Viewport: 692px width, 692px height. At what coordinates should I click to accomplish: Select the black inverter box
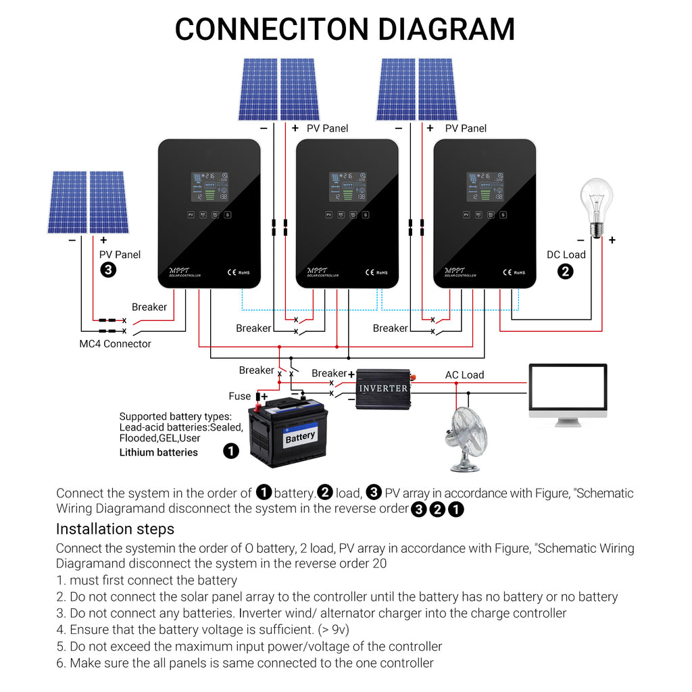click(383, 388)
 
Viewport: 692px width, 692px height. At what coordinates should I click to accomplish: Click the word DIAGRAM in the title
click(446, 29)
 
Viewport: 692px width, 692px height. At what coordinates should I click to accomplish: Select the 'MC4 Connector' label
click(115, 344)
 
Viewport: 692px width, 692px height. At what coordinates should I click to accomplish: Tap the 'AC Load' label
click(464, 375)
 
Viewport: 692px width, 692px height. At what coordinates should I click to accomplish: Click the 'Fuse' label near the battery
click(239, 397)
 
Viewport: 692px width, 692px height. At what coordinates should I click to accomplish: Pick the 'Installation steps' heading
click(115, 529)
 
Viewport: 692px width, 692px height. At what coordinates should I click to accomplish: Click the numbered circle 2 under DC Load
click(565, 272)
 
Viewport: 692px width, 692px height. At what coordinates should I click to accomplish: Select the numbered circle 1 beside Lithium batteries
click(231, 451)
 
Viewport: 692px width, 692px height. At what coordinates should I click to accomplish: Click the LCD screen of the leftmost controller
click(209, 187)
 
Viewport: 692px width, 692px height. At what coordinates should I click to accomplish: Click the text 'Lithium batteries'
click(158, 453)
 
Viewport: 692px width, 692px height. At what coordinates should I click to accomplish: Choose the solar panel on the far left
click(88, 202)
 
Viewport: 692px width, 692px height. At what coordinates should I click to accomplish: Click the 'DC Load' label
click(566, 255)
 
